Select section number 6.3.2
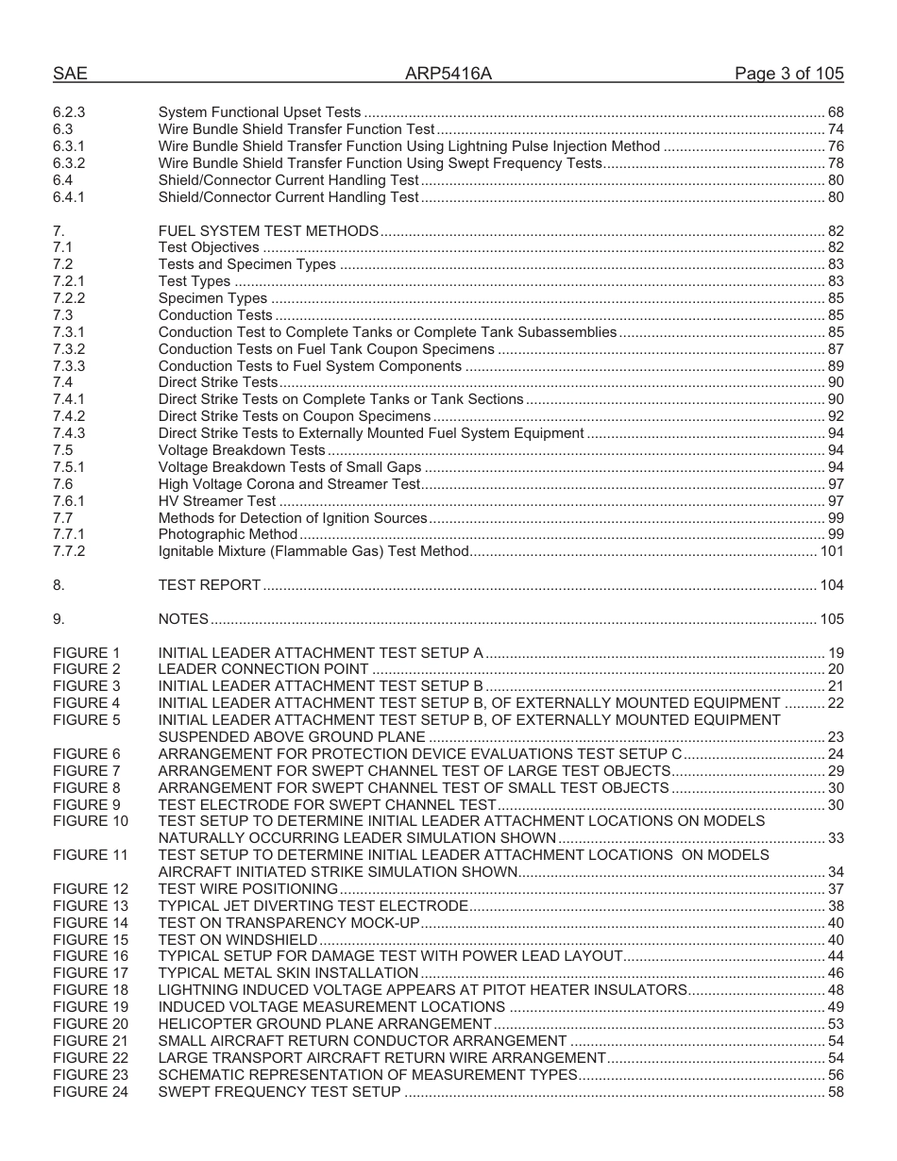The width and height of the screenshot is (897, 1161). click(69, 163)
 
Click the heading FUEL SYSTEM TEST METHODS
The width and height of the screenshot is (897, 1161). click(268, 231)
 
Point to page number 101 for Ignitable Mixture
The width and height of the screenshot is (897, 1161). click(832, 551)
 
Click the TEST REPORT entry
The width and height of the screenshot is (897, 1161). click(209, 585)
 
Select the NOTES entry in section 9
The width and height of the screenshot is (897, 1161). click(183, 619)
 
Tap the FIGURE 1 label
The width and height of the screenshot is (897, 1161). click(87, 653)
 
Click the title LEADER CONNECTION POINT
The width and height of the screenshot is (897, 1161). click(262, 670)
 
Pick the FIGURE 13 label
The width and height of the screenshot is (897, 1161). click(91, 906)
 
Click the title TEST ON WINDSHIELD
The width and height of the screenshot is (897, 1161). click(237, 940)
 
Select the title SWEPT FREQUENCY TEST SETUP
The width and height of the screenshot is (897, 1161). click(279, 1092)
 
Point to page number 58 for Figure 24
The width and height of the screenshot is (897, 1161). click(835, 1092)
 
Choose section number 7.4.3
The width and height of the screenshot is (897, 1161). click(69, 433)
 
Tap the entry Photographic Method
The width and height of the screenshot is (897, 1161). click(228, 534)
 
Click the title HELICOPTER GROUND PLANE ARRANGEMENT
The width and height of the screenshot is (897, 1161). click(324, 1024)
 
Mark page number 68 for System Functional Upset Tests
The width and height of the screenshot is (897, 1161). click(835, 112)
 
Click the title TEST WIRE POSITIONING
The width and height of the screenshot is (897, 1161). click(247, 889)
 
